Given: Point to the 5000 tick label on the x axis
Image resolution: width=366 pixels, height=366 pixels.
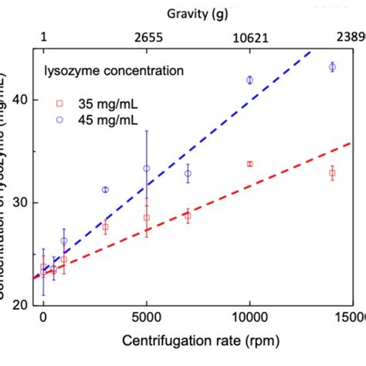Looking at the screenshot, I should pyautogui.click(x=146, y=317).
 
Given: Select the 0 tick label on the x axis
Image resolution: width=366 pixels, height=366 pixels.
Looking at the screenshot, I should pyautogui.click(x=43, y=317).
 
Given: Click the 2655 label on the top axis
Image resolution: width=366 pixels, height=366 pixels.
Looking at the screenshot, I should pyautogui.click(x=146, y=36).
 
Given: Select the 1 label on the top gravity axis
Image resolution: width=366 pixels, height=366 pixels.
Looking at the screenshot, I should pyautogui.click(x=43, y=36).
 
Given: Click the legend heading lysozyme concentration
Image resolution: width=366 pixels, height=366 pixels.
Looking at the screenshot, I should pyautogui.click(x=114, y=71).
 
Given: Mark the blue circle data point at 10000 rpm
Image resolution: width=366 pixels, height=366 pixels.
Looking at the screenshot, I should pyautogui.click(x=249, y=80).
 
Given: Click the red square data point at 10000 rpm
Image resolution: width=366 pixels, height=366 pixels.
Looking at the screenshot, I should pyautogui.click(x=249, y=164).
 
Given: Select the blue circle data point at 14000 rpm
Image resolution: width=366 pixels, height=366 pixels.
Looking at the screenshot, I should pyautogui.click(x=332, y=67).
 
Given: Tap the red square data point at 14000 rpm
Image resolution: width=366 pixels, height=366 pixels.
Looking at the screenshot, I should pyautogui.click(x=332, y=173).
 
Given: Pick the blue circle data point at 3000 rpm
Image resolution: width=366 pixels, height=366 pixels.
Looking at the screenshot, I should pyautogui.click(x=105, y=189).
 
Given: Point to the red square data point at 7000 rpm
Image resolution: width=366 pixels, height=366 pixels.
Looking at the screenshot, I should pyautogui.click(x=187, y=216).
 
